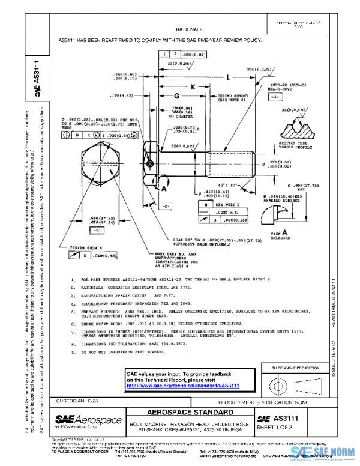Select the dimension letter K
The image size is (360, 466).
click(x=194, y=86)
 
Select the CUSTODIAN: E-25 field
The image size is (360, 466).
click(x=76, y=400)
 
